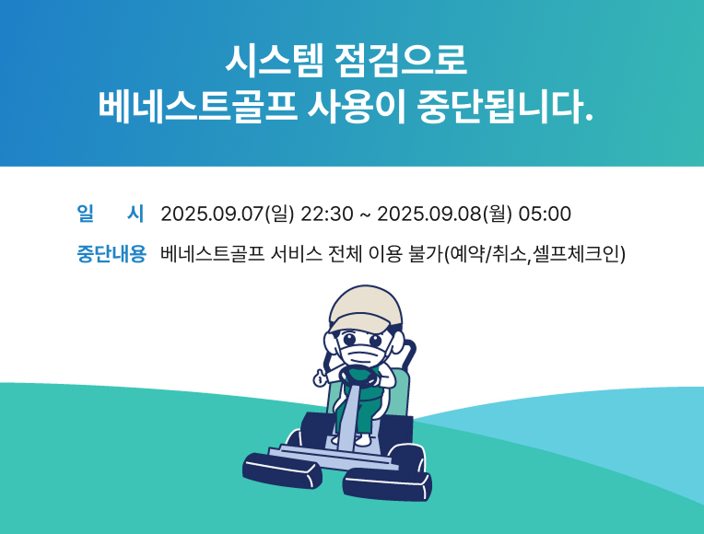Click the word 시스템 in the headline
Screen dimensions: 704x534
pyautogui.click(x=274, y=60)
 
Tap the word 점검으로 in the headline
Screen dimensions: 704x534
pyautogui.click(x=401, y=60)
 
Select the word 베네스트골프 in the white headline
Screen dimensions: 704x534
pyautogui.click(x=197, y=107)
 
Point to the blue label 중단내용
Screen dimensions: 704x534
pyautogui.click(x=111, y=254)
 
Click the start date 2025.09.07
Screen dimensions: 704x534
pyautogui.click(x=212, y=214)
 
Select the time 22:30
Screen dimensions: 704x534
pyautogui.click(x=327, y=214)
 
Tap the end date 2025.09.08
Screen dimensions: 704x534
pyautogui.click(x=429, y=214)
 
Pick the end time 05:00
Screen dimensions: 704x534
pyautogui.click(x=545, y=214)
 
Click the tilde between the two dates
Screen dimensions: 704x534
pyautogui.click(x=366, y=215)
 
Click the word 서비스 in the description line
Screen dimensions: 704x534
pyautogui.click(x=297, y=254)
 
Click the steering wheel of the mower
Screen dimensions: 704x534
pyautogui.click(x=359, y=377)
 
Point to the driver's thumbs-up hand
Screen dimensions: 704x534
pyautogui.click(x=320, y=377)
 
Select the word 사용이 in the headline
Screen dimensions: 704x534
pyautogui.click(x=357, y=107)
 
